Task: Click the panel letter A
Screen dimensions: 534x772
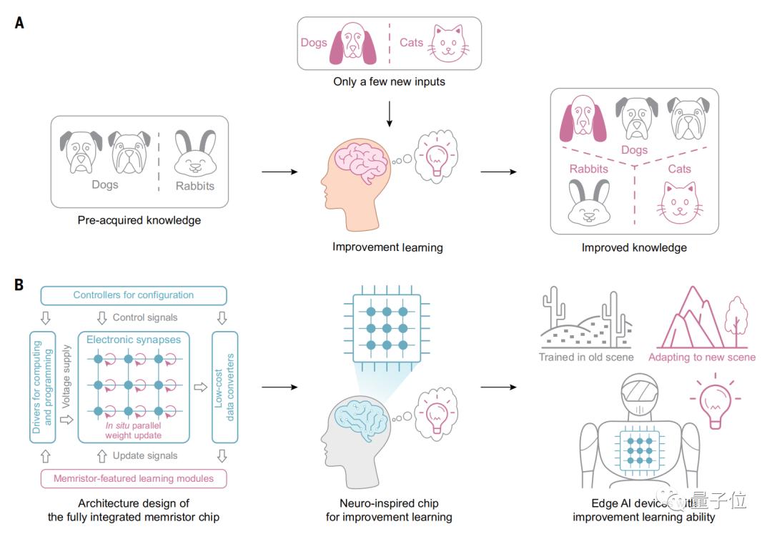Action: click(19, 23)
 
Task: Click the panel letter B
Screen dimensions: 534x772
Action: click(19, 285)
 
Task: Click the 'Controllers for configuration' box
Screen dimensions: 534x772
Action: click(134, 295)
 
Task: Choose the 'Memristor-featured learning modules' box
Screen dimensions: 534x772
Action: click(134, 478)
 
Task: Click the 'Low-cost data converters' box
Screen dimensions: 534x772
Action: click(226, 386)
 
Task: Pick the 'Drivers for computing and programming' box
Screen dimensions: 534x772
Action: click(42, 386)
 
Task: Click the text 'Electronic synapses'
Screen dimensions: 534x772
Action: click(134, 340)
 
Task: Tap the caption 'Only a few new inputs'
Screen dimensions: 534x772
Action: click(389, 81)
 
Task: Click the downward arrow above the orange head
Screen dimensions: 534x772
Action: click(389, 115)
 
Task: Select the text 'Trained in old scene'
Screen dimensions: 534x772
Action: click(587, 357)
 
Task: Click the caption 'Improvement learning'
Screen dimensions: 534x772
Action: click(387, 247)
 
